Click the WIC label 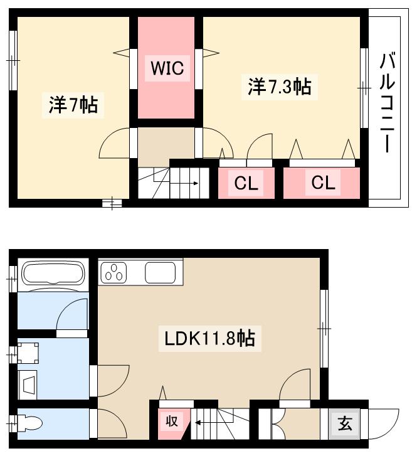(x=167, y=68)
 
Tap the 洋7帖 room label (x=73, y=105)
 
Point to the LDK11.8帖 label (x=209, y=339)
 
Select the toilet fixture (x=29, y=425)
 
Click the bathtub (x=53, y=274)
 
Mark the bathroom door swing (x=72, y=313)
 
